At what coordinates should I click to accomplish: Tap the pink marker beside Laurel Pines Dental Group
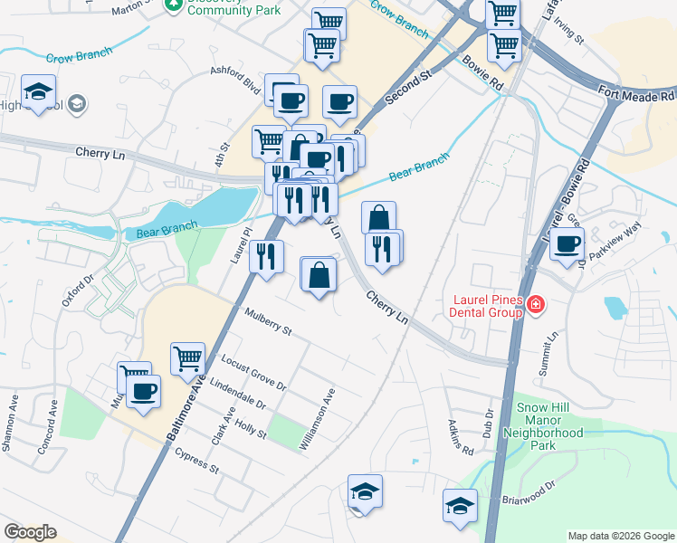click(x=536, y=304)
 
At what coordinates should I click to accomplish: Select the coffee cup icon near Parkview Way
click(x=567, y=243)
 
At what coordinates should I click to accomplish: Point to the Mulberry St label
click(x=268, y=321)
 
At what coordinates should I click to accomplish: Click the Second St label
click(x=405, y=90)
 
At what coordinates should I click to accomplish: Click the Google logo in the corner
click(x=30, y=531)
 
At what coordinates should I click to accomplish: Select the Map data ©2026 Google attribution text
click(x=621, y=536)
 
